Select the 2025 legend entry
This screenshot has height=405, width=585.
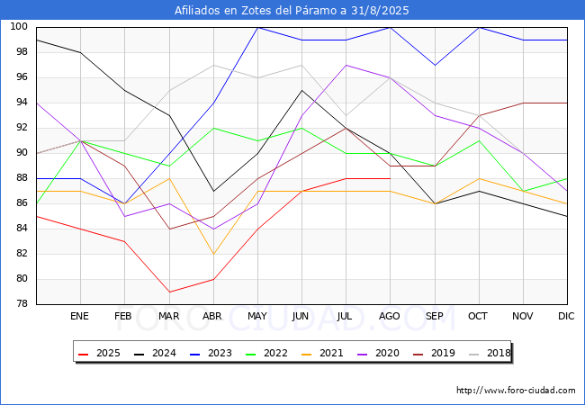[99, 353]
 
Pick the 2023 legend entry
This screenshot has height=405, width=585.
[211, 353]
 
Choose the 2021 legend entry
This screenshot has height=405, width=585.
[322, 353]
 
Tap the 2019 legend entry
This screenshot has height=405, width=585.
[434, 353]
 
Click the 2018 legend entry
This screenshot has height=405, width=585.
[490, 353]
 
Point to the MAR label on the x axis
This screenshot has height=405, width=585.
[168, 316]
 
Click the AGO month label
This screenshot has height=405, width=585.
[390, 316]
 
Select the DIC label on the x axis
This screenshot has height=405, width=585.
[566, 316]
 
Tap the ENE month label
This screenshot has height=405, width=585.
[79, 316]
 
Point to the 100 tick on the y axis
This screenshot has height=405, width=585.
[19, 26]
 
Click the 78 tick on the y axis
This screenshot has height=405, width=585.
[22, 304]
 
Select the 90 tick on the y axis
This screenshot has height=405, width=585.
[22, 152]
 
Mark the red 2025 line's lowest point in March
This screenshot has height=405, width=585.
[169, 292]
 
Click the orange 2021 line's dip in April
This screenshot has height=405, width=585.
[213, 255]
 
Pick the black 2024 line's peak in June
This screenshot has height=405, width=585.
[301, 90]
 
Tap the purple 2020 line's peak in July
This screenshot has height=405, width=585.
[346, 66]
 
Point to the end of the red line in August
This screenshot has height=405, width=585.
[391, 178]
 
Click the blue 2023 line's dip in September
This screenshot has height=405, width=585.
[435, 66]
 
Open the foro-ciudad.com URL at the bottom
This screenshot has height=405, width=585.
[516, 391]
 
